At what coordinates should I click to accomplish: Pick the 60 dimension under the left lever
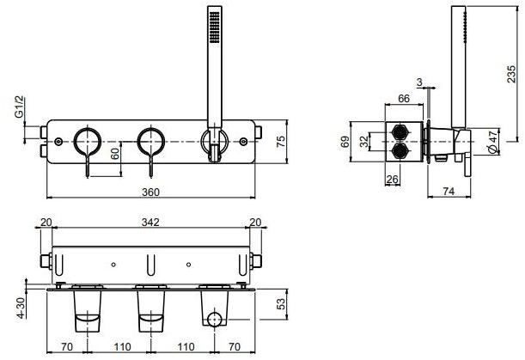[x=114, y=156]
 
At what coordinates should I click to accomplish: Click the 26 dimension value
[x=392, y=180]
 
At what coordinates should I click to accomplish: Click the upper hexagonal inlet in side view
[x=400, y=131]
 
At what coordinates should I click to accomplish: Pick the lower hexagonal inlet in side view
[x=400, y=152]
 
